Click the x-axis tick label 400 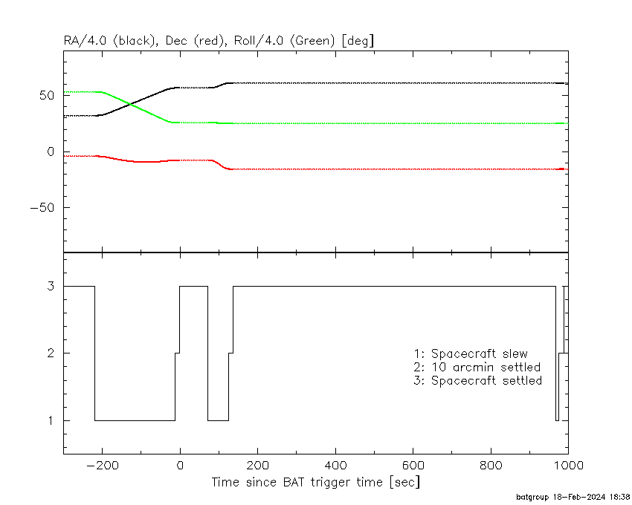click(x=335, y=466)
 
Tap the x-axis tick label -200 click(x=102, y=466)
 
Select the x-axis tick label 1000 click(x=567, y=466)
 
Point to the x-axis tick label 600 click(x=413, y=466)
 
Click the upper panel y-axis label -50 click(x=42, y=208)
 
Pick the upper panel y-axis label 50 click(x=47, y=96)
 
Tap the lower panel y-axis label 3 click(x=51, y=286)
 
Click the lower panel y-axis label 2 click(x=51, y=353)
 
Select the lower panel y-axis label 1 click(x=51, y=420)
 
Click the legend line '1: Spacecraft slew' click(x=471, y=353)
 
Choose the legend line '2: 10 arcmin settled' click(x=477, y=368)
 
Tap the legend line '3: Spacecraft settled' click(x=477, y=380)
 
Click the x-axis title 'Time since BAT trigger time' click(x=297, y=482)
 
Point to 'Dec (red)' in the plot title click(x=195, y=41)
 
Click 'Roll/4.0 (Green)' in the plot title click(x=285, y=41)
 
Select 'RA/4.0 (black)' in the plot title click(x=110, y=41)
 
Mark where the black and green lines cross click(x=130, y=105)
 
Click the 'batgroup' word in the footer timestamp click(x=532, y=497)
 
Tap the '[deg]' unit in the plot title click(x=358, y=41)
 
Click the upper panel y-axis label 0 click(x=51, y=151)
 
